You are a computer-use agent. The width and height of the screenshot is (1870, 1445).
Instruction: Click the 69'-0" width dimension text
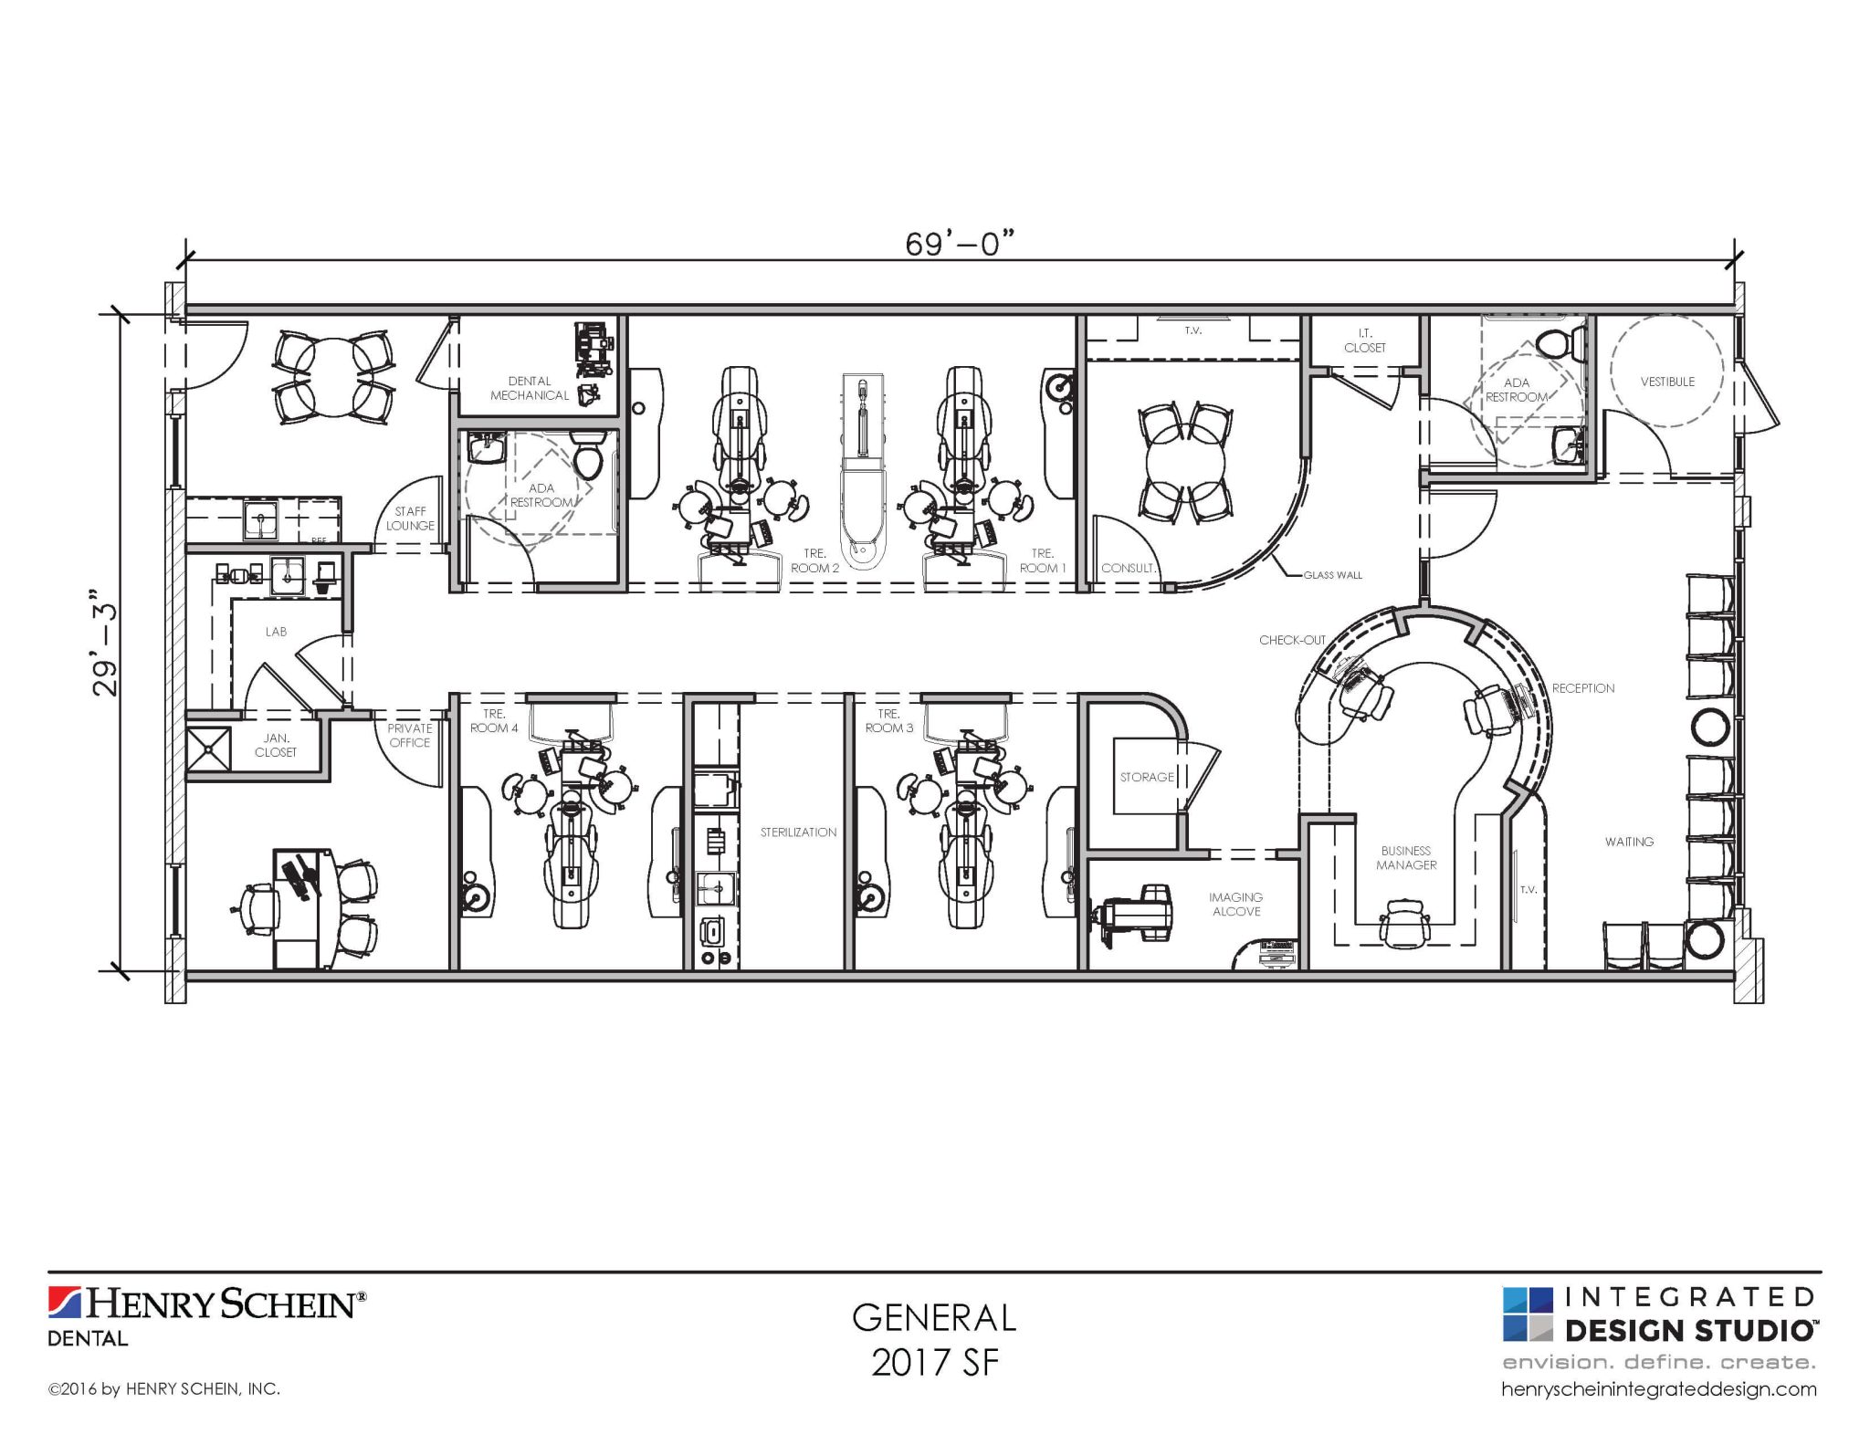pyautogui.click(x=959, y=245)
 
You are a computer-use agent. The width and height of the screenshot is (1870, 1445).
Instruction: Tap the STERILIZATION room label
pyautogui.click(x=798, y=832)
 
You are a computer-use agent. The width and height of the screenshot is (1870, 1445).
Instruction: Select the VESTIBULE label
pyautogui.click(x=1667, y=382)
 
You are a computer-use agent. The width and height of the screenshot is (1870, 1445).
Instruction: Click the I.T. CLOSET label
pyautogui.click(x=1364, y=340)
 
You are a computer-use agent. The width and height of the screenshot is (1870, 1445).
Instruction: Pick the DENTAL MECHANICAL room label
pyautogui.click(x=530, y=388)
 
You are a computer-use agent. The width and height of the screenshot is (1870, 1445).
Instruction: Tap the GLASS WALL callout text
pyautogui.click(x=1332, y=575)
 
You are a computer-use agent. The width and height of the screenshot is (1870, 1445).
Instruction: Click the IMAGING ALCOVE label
pyautogui.click(x=1235, y=905)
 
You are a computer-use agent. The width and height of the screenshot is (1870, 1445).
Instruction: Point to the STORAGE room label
pyautogui.click(x=1147, y=777)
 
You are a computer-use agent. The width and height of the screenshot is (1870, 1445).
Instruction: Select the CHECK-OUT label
pyautogui.click(x=1291, y=640)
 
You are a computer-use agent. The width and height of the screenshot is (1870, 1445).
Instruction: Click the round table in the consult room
pyautogui.click(x=1186, y=463)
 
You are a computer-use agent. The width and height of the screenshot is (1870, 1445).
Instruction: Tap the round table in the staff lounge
pyautogui.click(x=333, y=377)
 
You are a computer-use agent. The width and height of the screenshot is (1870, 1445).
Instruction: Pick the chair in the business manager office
pyautogui.click(x=1405, y=923)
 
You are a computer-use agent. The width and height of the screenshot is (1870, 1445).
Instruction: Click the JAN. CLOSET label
pyautogui.click(x=276, y=745)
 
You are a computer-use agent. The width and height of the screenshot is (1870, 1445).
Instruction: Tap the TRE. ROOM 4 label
pyautogui.click(x=494, y=721)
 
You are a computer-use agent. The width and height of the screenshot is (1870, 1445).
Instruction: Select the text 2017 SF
pyautogui.click(x=934, y=1363)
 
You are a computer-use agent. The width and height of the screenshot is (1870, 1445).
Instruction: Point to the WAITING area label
pyautogui.click(x=1629, y=842)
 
